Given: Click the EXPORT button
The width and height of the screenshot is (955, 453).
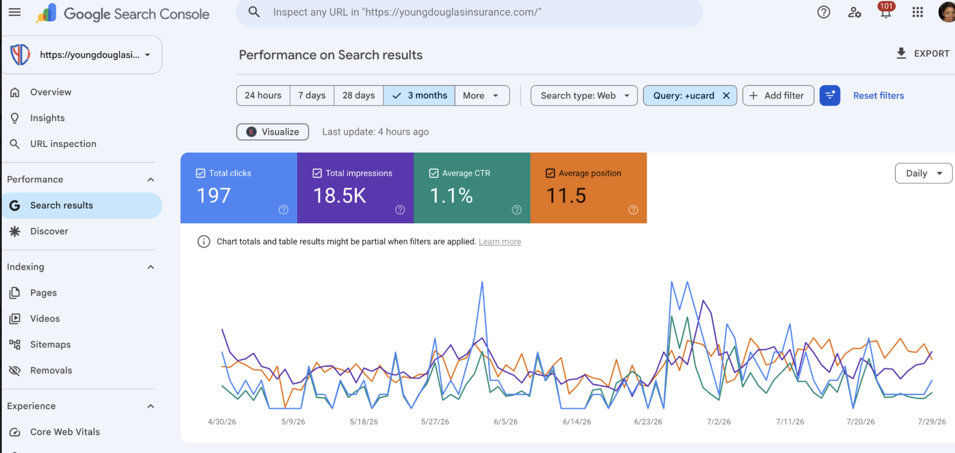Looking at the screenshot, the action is [923, 53].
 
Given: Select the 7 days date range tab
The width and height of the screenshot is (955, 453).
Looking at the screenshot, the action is [312, 95].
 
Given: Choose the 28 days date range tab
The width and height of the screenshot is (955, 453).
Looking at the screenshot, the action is [359, 95].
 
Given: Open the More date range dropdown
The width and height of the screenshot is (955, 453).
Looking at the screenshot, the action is [482, 95].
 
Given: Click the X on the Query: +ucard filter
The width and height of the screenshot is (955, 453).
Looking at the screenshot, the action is [726, 95].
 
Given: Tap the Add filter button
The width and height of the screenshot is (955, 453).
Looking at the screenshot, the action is [778, 95].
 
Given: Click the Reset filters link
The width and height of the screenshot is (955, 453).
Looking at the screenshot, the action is [878, 95].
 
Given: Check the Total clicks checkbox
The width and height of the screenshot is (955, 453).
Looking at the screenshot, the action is [200, 173].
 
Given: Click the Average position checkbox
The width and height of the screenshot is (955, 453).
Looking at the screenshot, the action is [550, 173].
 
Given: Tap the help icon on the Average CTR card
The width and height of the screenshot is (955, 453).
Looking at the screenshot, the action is [516, 210].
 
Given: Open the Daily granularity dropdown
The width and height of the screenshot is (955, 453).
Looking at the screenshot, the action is [923, 173].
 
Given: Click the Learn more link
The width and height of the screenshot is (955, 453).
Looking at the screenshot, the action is [500, 241].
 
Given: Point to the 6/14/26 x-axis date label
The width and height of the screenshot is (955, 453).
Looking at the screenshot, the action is [576, 422].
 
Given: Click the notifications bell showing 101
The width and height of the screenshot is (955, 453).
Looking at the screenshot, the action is [886, 12].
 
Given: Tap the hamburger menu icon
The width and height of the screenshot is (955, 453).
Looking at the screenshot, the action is [14, 12].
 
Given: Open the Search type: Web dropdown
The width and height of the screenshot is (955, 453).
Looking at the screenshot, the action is [584, 95].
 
